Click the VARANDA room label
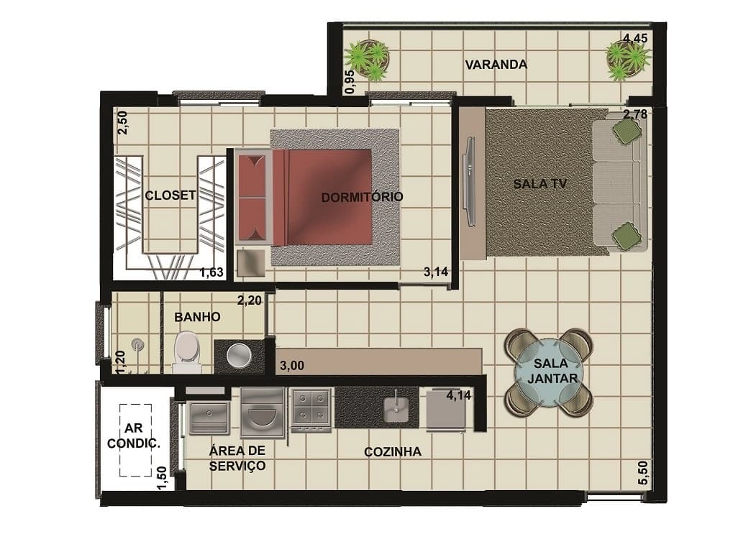(x=496, y=65)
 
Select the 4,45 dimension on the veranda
(x=635, y=38)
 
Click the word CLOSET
(x=170, y=195)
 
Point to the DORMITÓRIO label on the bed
(x=362, y=197)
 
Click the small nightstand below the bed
(x=251, y=262)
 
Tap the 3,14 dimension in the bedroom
(x=436, y=272)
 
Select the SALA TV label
(x=539, y=183)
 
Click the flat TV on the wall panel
(x=469, y=180)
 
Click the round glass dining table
(x=549, y=373)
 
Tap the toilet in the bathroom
(x=188, y=351)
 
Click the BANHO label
(x=197, y=317)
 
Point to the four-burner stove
(x=311, y=409)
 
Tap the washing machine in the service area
(x=263, y=413)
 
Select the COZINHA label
(x=393, y=452)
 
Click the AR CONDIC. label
(x=134, y=436)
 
